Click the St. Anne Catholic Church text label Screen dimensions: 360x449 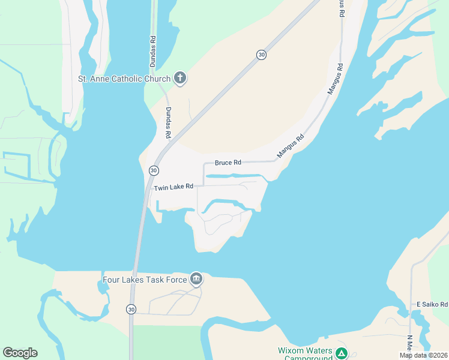(x=124, y=79)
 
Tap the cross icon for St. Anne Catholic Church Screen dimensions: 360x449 (x=179, y=77)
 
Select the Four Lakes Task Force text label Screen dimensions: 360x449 (x=144, y=279)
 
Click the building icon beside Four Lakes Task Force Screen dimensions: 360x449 (x=196, y=279)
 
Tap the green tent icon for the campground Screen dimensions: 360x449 (x=341, y=353)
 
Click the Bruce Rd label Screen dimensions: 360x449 (x=228, y=163)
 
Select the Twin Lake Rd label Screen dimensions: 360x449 (x=173, y=187)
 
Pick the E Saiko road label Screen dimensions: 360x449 (x=432, y=304)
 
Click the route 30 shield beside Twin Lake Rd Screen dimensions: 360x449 (x=154, y=171)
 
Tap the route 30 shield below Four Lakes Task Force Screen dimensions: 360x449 (x=131, y=309)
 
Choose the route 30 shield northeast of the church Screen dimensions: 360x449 (x=261, y=55)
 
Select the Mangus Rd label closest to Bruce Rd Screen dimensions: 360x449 (x=291, y=146)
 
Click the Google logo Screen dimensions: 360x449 (x=20, y=353)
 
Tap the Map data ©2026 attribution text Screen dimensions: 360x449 (x=423, y=355)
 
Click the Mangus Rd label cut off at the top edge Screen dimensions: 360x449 (x=342, y=7)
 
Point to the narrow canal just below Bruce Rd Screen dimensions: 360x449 (x=231, y=176)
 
